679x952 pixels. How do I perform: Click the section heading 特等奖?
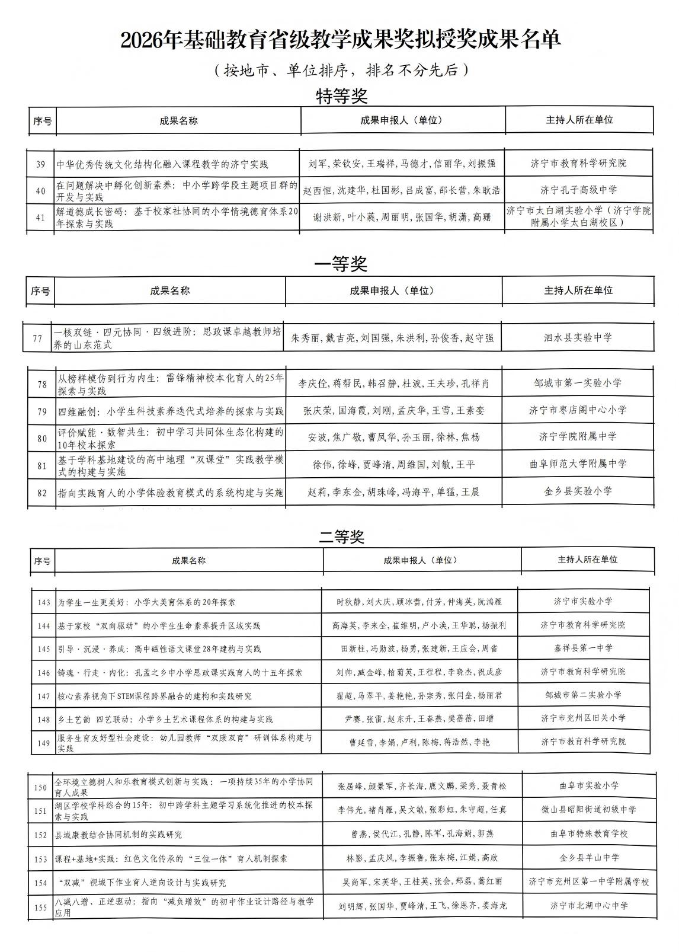pyautogui.click(x=342, y=96)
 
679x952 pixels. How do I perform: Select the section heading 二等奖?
pyautogui.click(x=341, y=537)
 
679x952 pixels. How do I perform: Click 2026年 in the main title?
pyautogui.click(x=143, y=40)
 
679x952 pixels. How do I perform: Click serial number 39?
pyautogui.click(x=40, y=164)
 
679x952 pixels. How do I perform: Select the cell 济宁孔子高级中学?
pyautogui.click(x=578, y=190)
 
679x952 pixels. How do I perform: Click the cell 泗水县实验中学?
pyautogui.click(x=578, y=338)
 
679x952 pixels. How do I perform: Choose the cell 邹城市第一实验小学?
pyautogui.click(x=578, y=383)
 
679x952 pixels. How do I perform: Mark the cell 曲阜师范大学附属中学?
pyautogui.click(x=578, y=464)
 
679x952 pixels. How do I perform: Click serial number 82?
pyautogui.click(x=41, y=493)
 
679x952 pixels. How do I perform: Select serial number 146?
pyautogui.click(x=43, y=673)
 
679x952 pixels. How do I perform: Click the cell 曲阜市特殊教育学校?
pyautogui.click(x=588, y=833)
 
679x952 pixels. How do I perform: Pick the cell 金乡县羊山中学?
pyautogui.click(x=588, y=857)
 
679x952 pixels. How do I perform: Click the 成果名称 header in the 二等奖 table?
pyautogui.click(x=188, y=560)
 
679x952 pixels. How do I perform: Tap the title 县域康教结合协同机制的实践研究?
pyautogui.click(x=118, y=835)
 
